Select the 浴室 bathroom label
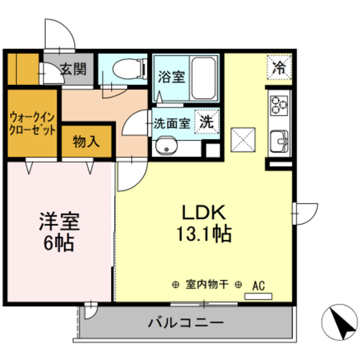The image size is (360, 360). (171, 76)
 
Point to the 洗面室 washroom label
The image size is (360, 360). (172, 123)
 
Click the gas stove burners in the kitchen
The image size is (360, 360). (278, 105)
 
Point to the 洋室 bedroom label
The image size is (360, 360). (58, 222)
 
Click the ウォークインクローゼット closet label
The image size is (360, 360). (32, 124)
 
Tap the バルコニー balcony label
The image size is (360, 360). (186, 323)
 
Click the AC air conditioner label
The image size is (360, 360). (258, 285)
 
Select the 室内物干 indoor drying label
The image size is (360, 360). (206, 285)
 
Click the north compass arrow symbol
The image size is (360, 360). (339, 323)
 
